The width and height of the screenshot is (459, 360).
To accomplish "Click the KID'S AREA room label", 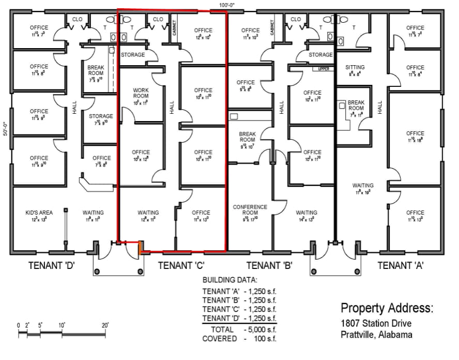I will (39, 213).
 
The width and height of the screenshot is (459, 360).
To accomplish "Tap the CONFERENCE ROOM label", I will (250, 210).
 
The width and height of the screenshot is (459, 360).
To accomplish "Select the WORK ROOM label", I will (141, 93).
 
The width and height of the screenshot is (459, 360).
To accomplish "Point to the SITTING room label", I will (355, 67).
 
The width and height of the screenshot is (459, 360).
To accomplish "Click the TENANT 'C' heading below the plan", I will (181, 266).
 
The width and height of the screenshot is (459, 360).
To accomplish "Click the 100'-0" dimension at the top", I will (227, 5).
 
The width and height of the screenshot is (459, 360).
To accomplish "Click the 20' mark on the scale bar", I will (106, 325).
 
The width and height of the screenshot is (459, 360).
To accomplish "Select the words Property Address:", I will (387, 308).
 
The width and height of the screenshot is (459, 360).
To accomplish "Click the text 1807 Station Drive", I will (376, 324).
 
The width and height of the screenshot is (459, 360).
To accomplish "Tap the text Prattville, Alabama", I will (376, 335).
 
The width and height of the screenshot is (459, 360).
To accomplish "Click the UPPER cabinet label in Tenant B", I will (324, 69).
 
